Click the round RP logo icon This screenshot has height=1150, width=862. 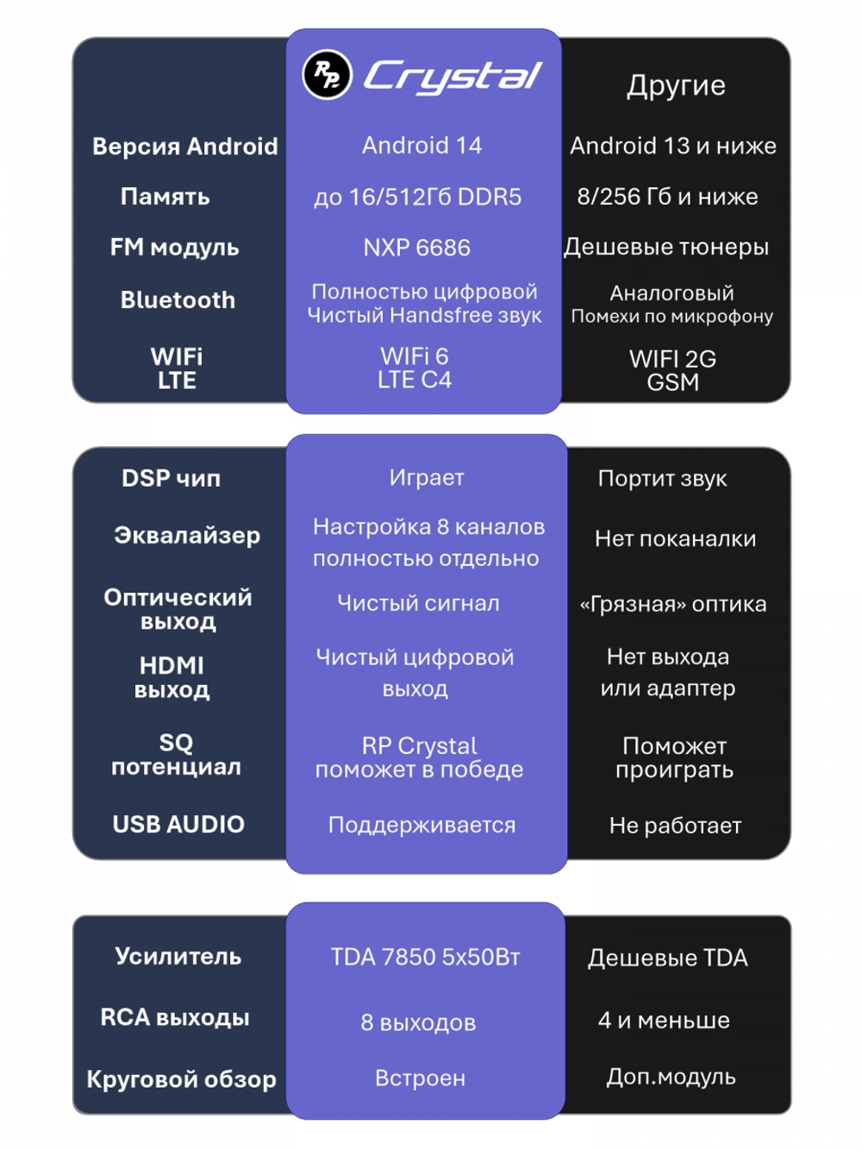pyautogui.click(x=327, y=74)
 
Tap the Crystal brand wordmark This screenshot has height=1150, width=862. pyautogui.click(x=453, y=77)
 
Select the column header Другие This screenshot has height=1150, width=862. pyautogui.click(x=676, y=85)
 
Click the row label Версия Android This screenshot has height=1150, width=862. pyautogui.click(x=184, y=146)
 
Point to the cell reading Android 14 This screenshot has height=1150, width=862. pyautogui.click(x=422, y=146)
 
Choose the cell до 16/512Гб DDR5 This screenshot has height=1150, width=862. pyautogui.click(x=418, y=197)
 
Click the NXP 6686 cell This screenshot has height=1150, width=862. pyautogui.click(x=417, y=248)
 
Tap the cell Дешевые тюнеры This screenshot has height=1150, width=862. pyautogui.click(x=666, y=247)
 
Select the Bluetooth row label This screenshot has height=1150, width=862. pyautogui.click(x=178, y=299)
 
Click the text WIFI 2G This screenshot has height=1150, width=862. pyautogui.click(x=672, y=359)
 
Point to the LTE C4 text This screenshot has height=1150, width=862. pyautogui.click(x=415, y=380)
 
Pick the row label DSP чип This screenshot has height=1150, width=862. pyautogui.click(x=172, y=478)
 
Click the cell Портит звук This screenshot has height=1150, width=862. pyautogui.click(x=663, y=478)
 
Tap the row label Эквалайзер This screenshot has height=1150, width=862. pyautogui.click(x=187, y=536)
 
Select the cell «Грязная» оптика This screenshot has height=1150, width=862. pyautogui.click(x=673, y=604)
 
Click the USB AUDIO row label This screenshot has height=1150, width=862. pyautogui.click(x=178, y=824)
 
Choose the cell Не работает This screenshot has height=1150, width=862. pyautogui.click(x=675, y=826)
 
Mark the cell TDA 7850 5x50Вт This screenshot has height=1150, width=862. pyautogui.click(x=426, y=957)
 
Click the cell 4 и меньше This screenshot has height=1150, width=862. pyautogui.click(x=664, y=1020)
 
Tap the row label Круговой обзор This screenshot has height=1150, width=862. pyautogui.click(x=181, y=1078)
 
